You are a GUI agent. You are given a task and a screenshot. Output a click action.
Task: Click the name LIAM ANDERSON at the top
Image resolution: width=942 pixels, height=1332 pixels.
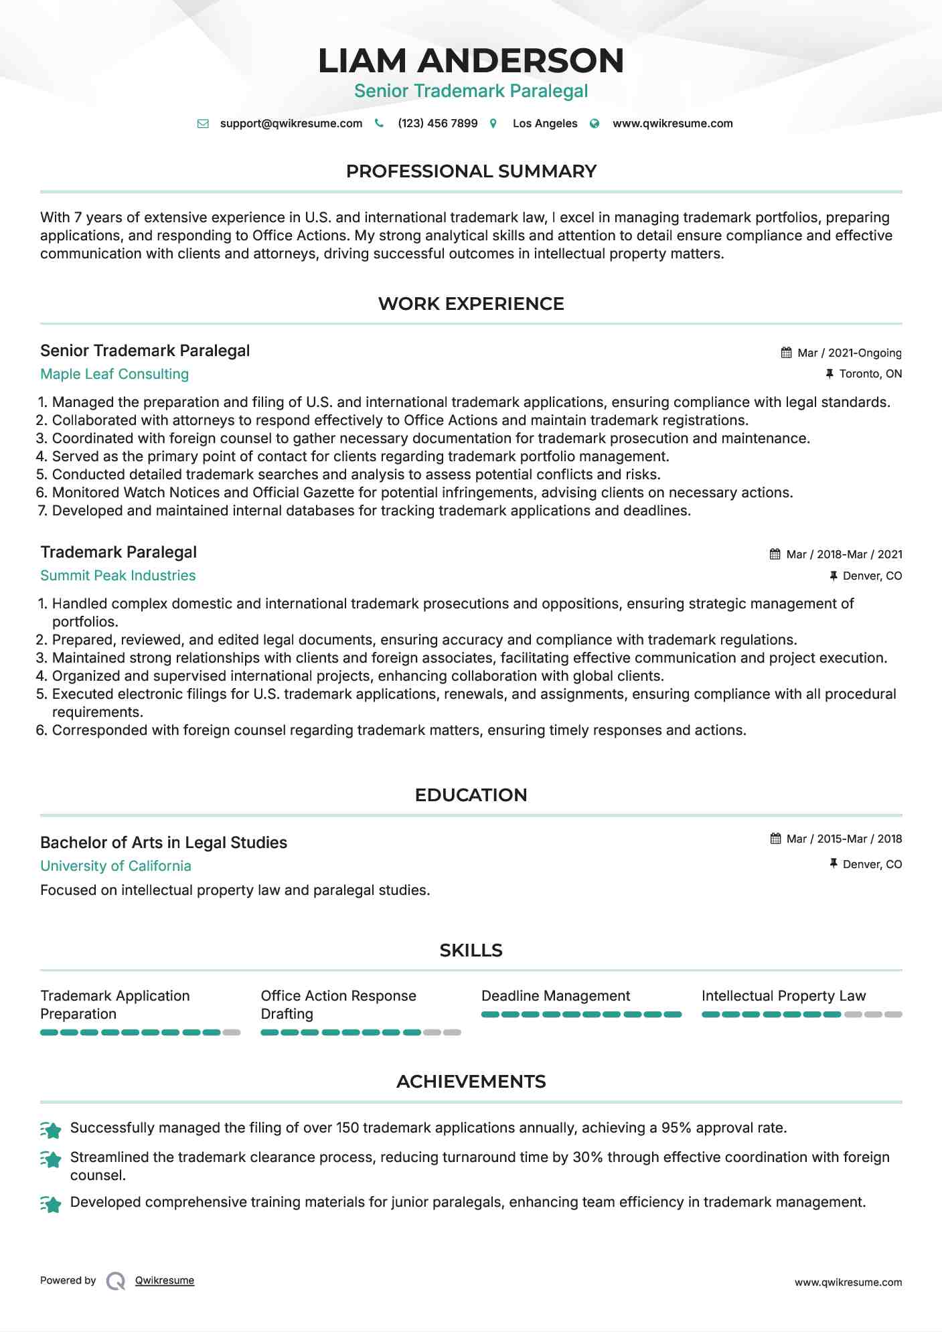[x=471, y=61]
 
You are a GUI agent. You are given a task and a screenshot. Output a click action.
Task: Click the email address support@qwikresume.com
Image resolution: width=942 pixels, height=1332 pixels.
[x=291, y=124]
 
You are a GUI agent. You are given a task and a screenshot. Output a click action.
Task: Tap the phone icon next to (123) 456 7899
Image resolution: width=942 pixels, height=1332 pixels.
[x=379, y=124]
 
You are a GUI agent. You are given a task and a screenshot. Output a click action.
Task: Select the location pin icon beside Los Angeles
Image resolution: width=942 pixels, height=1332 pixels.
[x=493, y=124]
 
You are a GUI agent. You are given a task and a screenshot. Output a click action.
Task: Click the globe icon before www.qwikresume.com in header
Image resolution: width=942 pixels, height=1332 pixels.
[x=595, y=124]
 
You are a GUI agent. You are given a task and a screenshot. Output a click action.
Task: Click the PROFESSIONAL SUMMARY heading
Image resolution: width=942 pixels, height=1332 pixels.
[x=471, y=171]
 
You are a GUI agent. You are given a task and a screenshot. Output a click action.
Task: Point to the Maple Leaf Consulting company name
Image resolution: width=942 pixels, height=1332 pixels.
[x=114, y=374]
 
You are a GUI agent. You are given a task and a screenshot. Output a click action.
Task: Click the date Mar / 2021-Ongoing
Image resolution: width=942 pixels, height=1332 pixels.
[x=849, y=353]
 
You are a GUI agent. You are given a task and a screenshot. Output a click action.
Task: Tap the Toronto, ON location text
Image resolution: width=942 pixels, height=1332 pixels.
[x=870, y=374]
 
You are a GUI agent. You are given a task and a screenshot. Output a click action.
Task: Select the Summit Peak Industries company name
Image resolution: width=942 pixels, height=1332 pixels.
[x=118, y=576]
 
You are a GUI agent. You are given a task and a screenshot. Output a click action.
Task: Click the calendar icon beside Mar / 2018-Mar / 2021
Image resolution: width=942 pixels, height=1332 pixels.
[x=775, y=554]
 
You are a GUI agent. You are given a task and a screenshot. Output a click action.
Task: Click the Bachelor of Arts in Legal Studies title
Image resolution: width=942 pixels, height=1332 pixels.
[x=163, y=843]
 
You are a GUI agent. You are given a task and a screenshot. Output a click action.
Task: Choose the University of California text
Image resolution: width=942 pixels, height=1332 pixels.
[x=116, y=866]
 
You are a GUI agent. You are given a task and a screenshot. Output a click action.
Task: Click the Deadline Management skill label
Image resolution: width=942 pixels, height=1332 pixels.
[x=556, y=996]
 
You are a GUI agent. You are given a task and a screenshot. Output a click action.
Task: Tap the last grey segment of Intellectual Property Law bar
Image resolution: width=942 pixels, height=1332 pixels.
[x=893, y=1015]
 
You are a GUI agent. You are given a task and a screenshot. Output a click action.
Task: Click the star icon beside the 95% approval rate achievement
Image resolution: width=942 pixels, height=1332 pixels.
[x=52, y=1130]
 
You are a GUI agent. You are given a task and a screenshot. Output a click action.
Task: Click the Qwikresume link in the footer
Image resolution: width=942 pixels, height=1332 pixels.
[x=165, y=1280]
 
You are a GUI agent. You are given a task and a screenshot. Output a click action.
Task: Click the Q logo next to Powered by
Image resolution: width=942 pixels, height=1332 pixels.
[x=116, y=1281]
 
